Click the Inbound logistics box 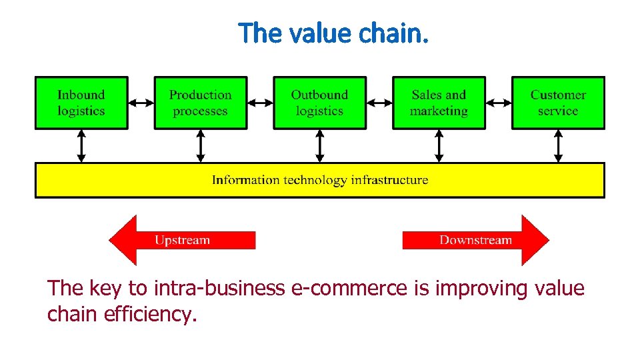click(x=81, y=103)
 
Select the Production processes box click(x=201, y=103)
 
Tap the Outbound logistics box click(x=320, y=103)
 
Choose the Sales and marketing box click(x=439, y=103)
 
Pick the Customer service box click(x=558, y=103)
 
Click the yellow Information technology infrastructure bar click(x=320, y=180)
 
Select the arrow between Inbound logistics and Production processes click(x=141, y=103)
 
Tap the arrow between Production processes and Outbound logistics click(x=260, y=103)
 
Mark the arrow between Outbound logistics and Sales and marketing click(x=379, y=103)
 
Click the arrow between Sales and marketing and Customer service click(x=499, y=103)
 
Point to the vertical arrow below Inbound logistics click(x=81, y=146)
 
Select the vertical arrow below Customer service click(x=558, y=146)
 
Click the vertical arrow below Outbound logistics click(x=320, y=146)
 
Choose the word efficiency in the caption click(x=151, y=314)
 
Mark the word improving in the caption click(x=479, y=289)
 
